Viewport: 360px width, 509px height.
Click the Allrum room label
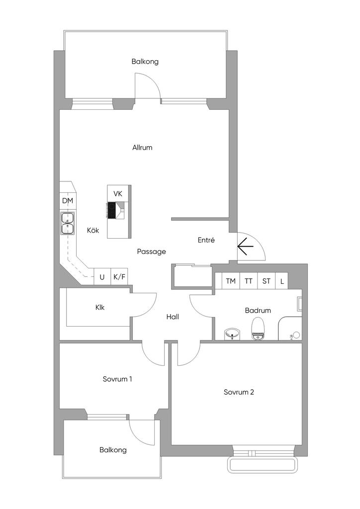142,148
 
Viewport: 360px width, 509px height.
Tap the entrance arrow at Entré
244,247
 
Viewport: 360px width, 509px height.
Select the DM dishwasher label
68,201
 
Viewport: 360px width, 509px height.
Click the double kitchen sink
67,223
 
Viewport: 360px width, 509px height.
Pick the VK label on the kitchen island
118,193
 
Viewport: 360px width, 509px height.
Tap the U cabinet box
102,277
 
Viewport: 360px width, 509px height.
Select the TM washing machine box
231,281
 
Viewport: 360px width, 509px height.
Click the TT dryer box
249,281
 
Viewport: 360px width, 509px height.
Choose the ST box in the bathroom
267,281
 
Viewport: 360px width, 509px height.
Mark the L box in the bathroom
282,281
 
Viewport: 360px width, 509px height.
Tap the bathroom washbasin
232,334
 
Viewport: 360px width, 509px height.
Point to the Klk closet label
100,307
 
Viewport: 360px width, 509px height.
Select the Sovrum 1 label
117,379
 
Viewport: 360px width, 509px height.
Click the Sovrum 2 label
239,392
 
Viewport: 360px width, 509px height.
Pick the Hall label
173,317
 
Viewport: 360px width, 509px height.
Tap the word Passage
152,252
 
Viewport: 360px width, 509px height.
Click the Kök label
93,230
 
